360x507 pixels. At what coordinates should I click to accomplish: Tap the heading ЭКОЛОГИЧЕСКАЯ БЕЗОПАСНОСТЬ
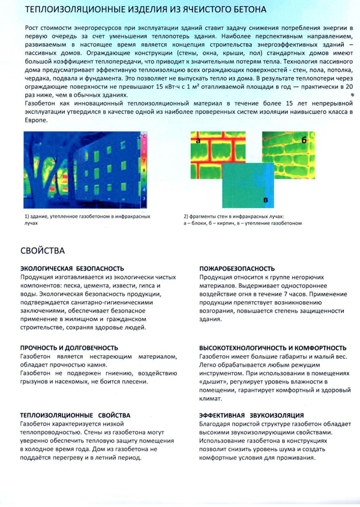(x=72, y=268)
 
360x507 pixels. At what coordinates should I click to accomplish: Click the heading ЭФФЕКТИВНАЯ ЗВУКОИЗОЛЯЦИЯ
(x=251, y=415)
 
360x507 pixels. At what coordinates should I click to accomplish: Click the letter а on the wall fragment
(x=197, y=140)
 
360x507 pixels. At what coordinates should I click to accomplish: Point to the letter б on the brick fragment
(x=304, y=139)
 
